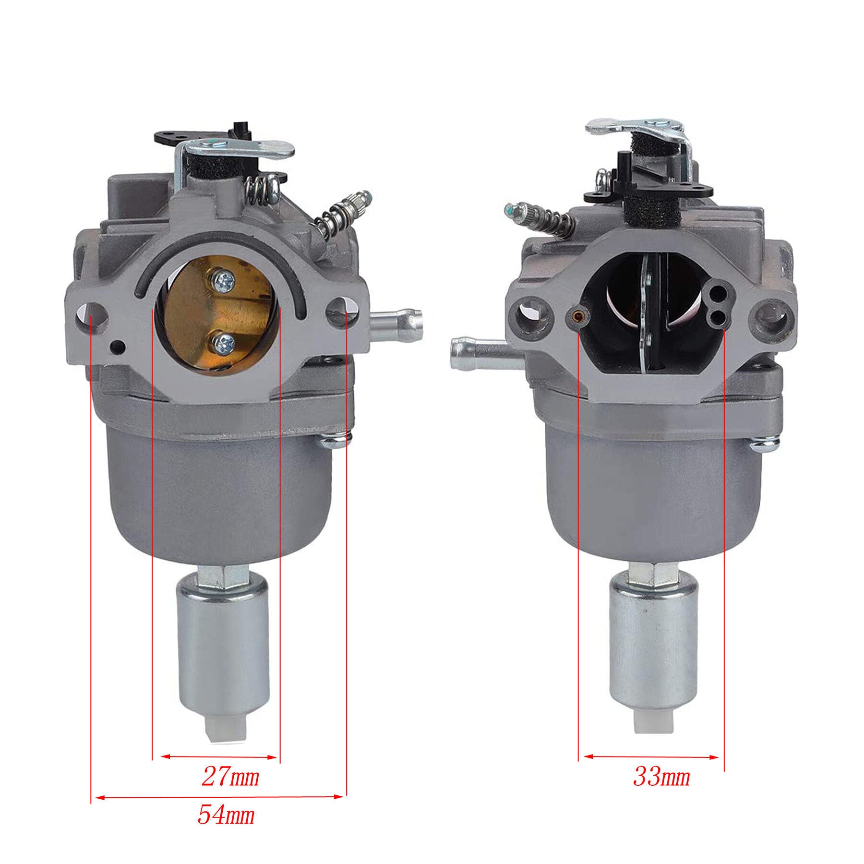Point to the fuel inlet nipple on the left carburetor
click(x=397, y=318)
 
